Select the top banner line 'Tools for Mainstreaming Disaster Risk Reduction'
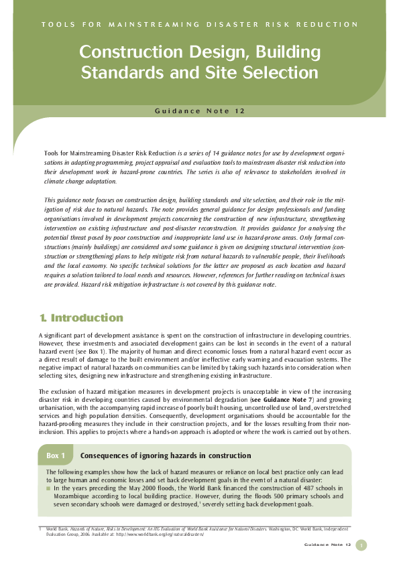(x=199, y=25)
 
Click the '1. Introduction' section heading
(x=80, y=318)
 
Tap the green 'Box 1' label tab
(x=56, y=455)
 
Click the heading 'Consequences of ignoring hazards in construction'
(x=166, y=455)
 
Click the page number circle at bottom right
(x=361, y=545)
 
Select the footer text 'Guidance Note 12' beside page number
(x=328, y=545)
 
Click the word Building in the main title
(x=278, y=52)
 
